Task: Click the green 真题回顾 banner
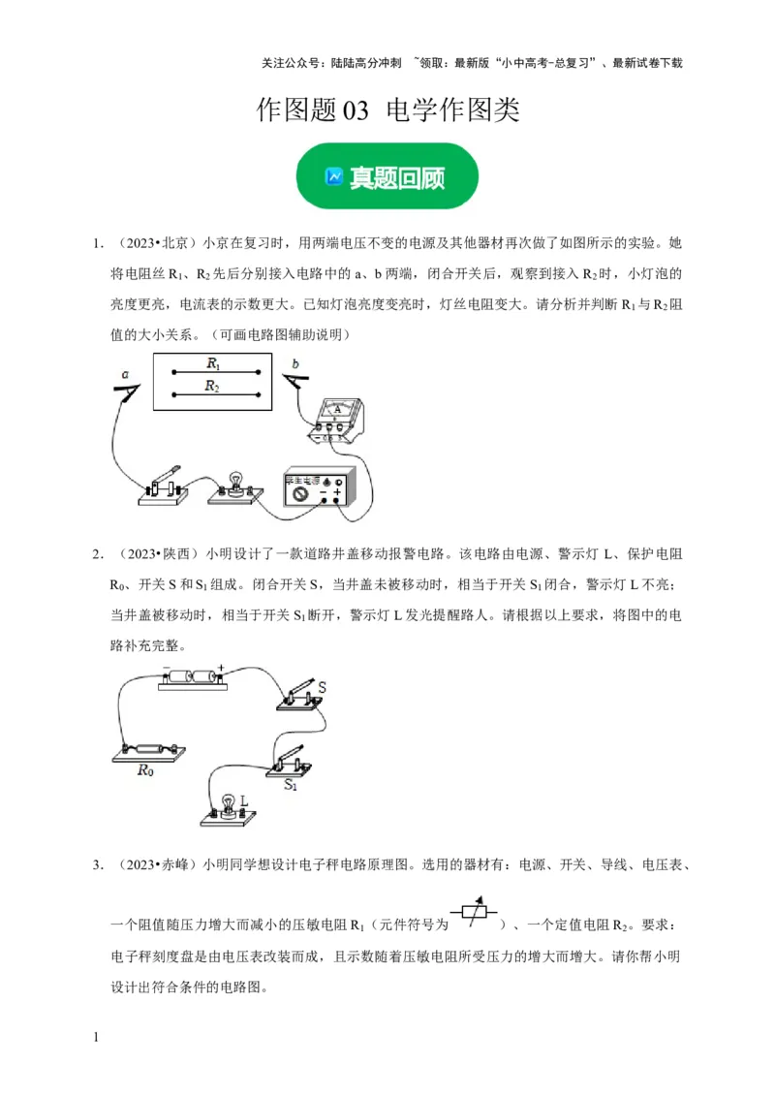387,176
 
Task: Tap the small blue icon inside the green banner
334,177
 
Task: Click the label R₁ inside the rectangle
214,363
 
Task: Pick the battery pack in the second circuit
193,675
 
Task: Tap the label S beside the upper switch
323,687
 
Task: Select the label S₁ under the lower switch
291,786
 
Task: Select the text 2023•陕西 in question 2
157,554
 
